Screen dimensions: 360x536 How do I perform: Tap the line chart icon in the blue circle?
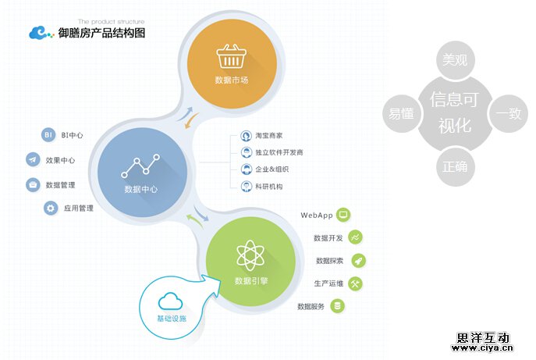[x=140, y=166]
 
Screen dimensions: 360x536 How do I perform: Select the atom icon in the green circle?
[x=250, y=255]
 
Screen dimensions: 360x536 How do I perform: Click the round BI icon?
[x=48, y=135]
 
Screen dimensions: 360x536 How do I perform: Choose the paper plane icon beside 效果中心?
[x=33, y=160]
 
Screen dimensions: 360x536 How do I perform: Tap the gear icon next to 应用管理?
[x=51, y=209]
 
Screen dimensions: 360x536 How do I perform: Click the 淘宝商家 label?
[x=269, y=136]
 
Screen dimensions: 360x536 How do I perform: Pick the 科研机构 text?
[x=269, y=187]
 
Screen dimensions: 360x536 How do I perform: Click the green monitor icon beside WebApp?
[x=343, y=215]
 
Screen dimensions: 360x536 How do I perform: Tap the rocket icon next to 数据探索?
[x=358, y=260]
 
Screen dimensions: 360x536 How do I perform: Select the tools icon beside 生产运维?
[x=356, y=283]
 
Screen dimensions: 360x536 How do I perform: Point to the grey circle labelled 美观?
[x=455, y=59]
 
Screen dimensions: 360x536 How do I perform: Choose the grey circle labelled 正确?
[x=454, y=166]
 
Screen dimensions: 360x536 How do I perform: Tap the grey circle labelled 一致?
[x=508, y=113]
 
